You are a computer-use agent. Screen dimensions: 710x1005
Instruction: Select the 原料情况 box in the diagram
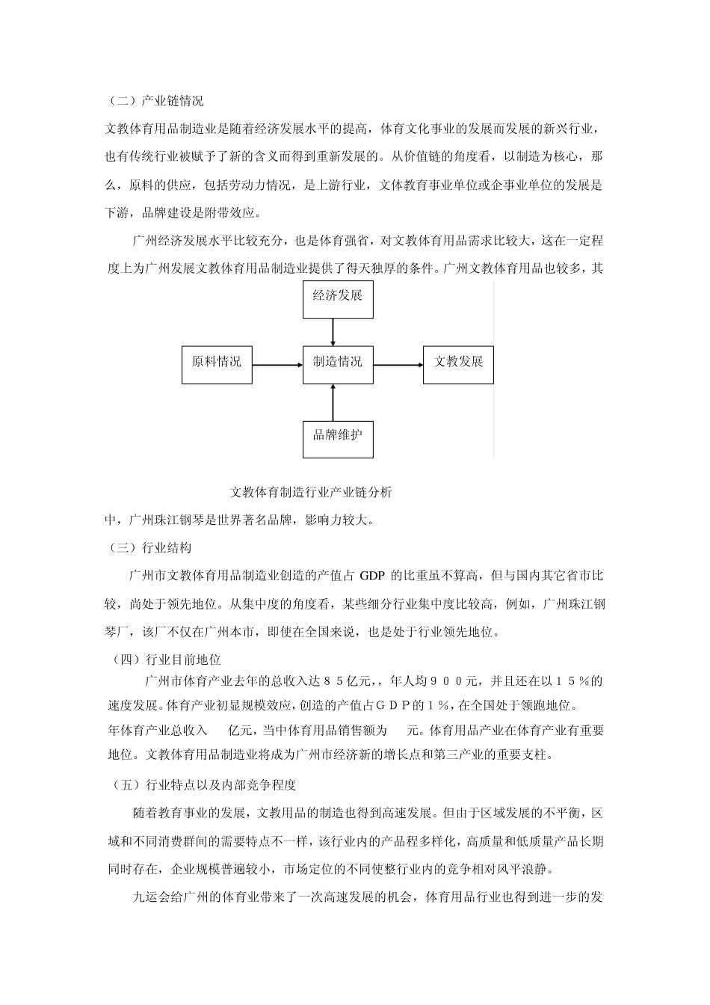(217, 364)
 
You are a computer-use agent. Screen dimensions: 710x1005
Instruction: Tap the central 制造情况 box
(337, 364)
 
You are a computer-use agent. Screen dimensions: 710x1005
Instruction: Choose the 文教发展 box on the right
(458, 364)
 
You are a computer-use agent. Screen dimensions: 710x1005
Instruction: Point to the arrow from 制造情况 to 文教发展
(398, 366)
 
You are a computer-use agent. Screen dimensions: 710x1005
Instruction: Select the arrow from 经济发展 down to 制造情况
(333, 331)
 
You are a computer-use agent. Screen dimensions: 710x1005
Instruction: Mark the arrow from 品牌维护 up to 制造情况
(333, 402)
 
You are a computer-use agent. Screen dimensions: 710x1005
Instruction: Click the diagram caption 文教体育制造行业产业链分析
(311, 493)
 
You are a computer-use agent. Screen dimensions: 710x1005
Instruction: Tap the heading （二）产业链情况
(155, 101)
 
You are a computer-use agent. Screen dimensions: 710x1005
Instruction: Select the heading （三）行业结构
(149, 549)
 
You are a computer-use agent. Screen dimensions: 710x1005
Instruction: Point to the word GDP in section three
(371, 577)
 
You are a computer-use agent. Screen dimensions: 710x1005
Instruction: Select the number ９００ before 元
(448, 682)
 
